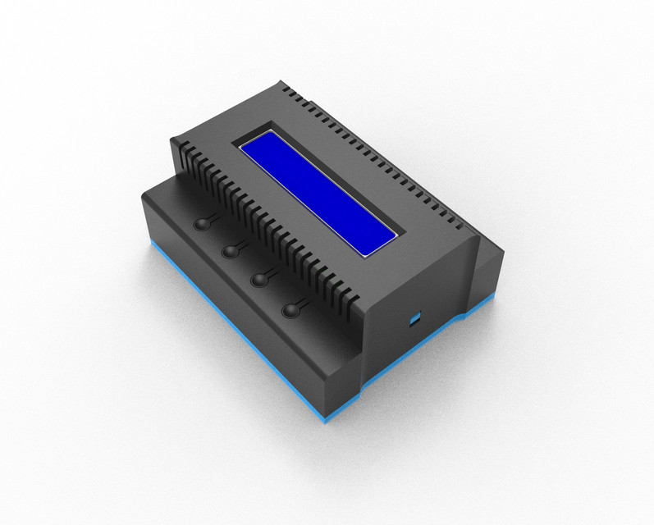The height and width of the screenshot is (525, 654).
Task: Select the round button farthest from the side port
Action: click(201, 224)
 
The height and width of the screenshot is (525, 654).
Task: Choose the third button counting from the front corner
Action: click(231, 250)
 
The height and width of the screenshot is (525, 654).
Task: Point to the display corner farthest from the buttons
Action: click(271, 131)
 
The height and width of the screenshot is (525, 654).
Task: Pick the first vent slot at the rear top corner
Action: click(283, 85)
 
